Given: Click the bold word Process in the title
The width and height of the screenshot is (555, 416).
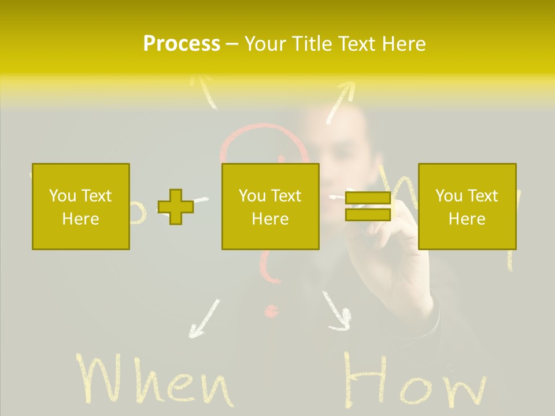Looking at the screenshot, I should coord(182,44).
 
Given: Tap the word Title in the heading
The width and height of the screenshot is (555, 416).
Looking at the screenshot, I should coord(313,44).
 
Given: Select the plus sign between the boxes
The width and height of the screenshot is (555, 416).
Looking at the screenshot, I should coord(176,207).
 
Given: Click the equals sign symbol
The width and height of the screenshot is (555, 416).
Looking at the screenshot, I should coord(368,207).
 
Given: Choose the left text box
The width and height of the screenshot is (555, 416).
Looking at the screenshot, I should coord(81,206).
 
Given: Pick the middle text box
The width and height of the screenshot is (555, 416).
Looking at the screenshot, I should coord(271,206).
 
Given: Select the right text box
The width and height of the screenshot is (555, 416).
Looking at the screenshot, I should coord(467,206).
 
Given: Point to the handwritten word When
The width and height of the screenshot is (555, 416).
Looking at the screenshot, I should coord(154,381).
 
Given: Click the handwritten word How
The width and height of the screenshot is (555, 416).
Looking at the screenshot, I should coord(414,381).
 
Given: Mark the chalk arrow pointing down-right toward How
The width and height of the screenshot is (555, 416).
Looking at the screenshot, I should coord(336,312).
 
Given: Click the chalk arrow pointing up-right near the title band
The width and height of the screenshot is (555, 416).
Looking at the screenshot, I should coord(340,101).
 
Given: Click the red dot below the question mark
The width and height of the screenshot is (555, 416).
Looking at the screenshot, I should coord(270,312).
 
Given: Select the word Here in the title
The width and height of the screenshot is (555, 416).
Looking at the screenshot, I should coord(403,44).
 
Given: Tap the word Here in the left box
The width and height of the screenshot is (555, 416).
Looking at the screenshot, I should coord(81,219).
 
